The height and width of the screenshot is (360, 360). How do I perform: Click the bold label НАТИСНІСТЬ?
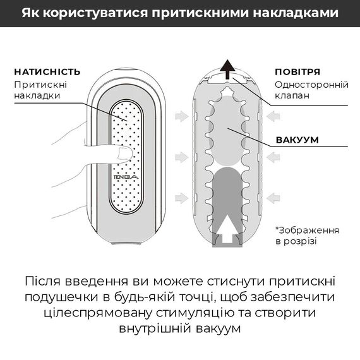tap(47, 71)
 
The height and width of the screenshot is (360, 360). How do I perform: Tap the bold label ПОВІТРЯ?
tap(297, 71)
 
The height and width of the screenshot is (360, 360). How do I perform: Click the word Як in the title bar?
tap(31, 13)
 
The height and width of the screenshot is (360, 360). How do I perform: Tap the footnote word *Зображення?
tap(308, 229)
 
